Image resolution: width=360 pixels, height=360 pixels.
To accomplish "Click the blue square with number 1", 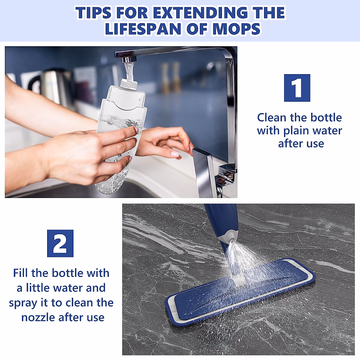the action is (297, 88).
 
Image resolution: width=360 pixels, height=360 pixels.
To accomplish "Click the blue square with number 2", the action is (60, 243).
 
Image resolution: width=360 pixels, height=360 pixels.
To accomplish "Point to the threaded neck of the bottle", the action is (129, 82).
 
